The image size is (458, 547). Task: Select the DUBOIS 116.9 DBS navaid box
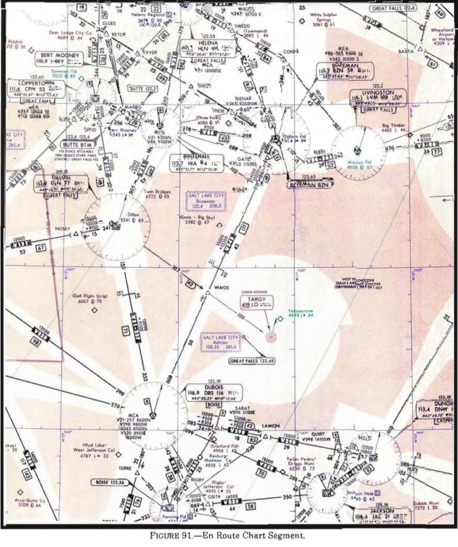(x=203, y=393)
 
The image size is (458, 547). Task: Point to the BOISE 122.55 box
(x=111, y=481)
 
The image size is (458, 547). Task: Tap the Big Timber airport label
(x=394, y=128)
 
